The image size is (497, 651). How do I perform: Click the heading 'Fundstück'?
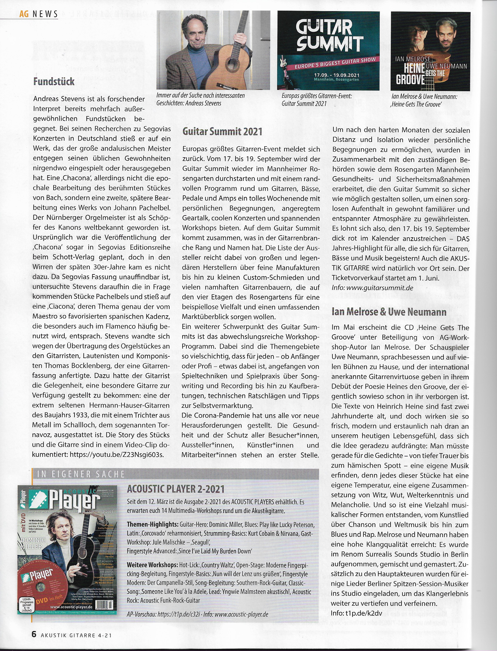click(54, 81)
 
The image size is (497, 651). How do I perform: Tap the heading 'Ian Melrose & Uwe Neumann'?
click(389, 312)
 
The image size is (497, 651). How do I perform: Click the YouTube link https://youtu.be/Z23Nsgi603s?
click(116, 454)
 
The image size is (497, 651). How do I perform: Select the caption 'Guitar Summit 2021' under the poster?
click(304, 104)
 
